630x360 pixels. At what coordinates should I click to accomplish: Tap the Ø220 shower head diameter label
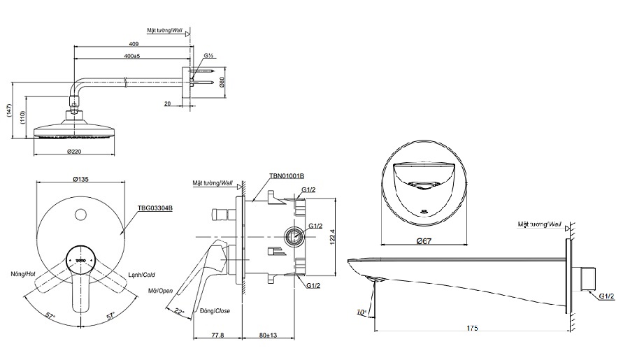pyautogui.click(x=76, y=151)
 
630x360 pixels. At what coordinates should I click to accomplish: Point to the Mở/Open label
pyautogui.click(x=161, y=290)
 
